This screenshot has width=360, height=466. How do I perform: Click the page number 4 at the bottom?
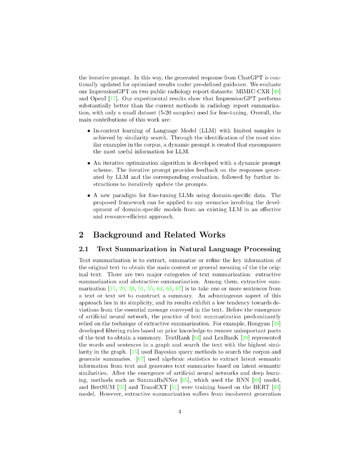[x=180, y=412]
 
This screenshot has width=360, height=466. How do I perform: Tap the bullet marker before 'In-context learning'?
[x=88, y=130]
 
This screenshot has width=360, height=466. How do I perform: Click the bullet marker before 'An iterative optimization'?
[x=88, y=162]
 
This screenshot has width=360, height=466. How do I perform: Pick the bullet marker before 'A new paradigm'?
[x=88, y=195]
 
